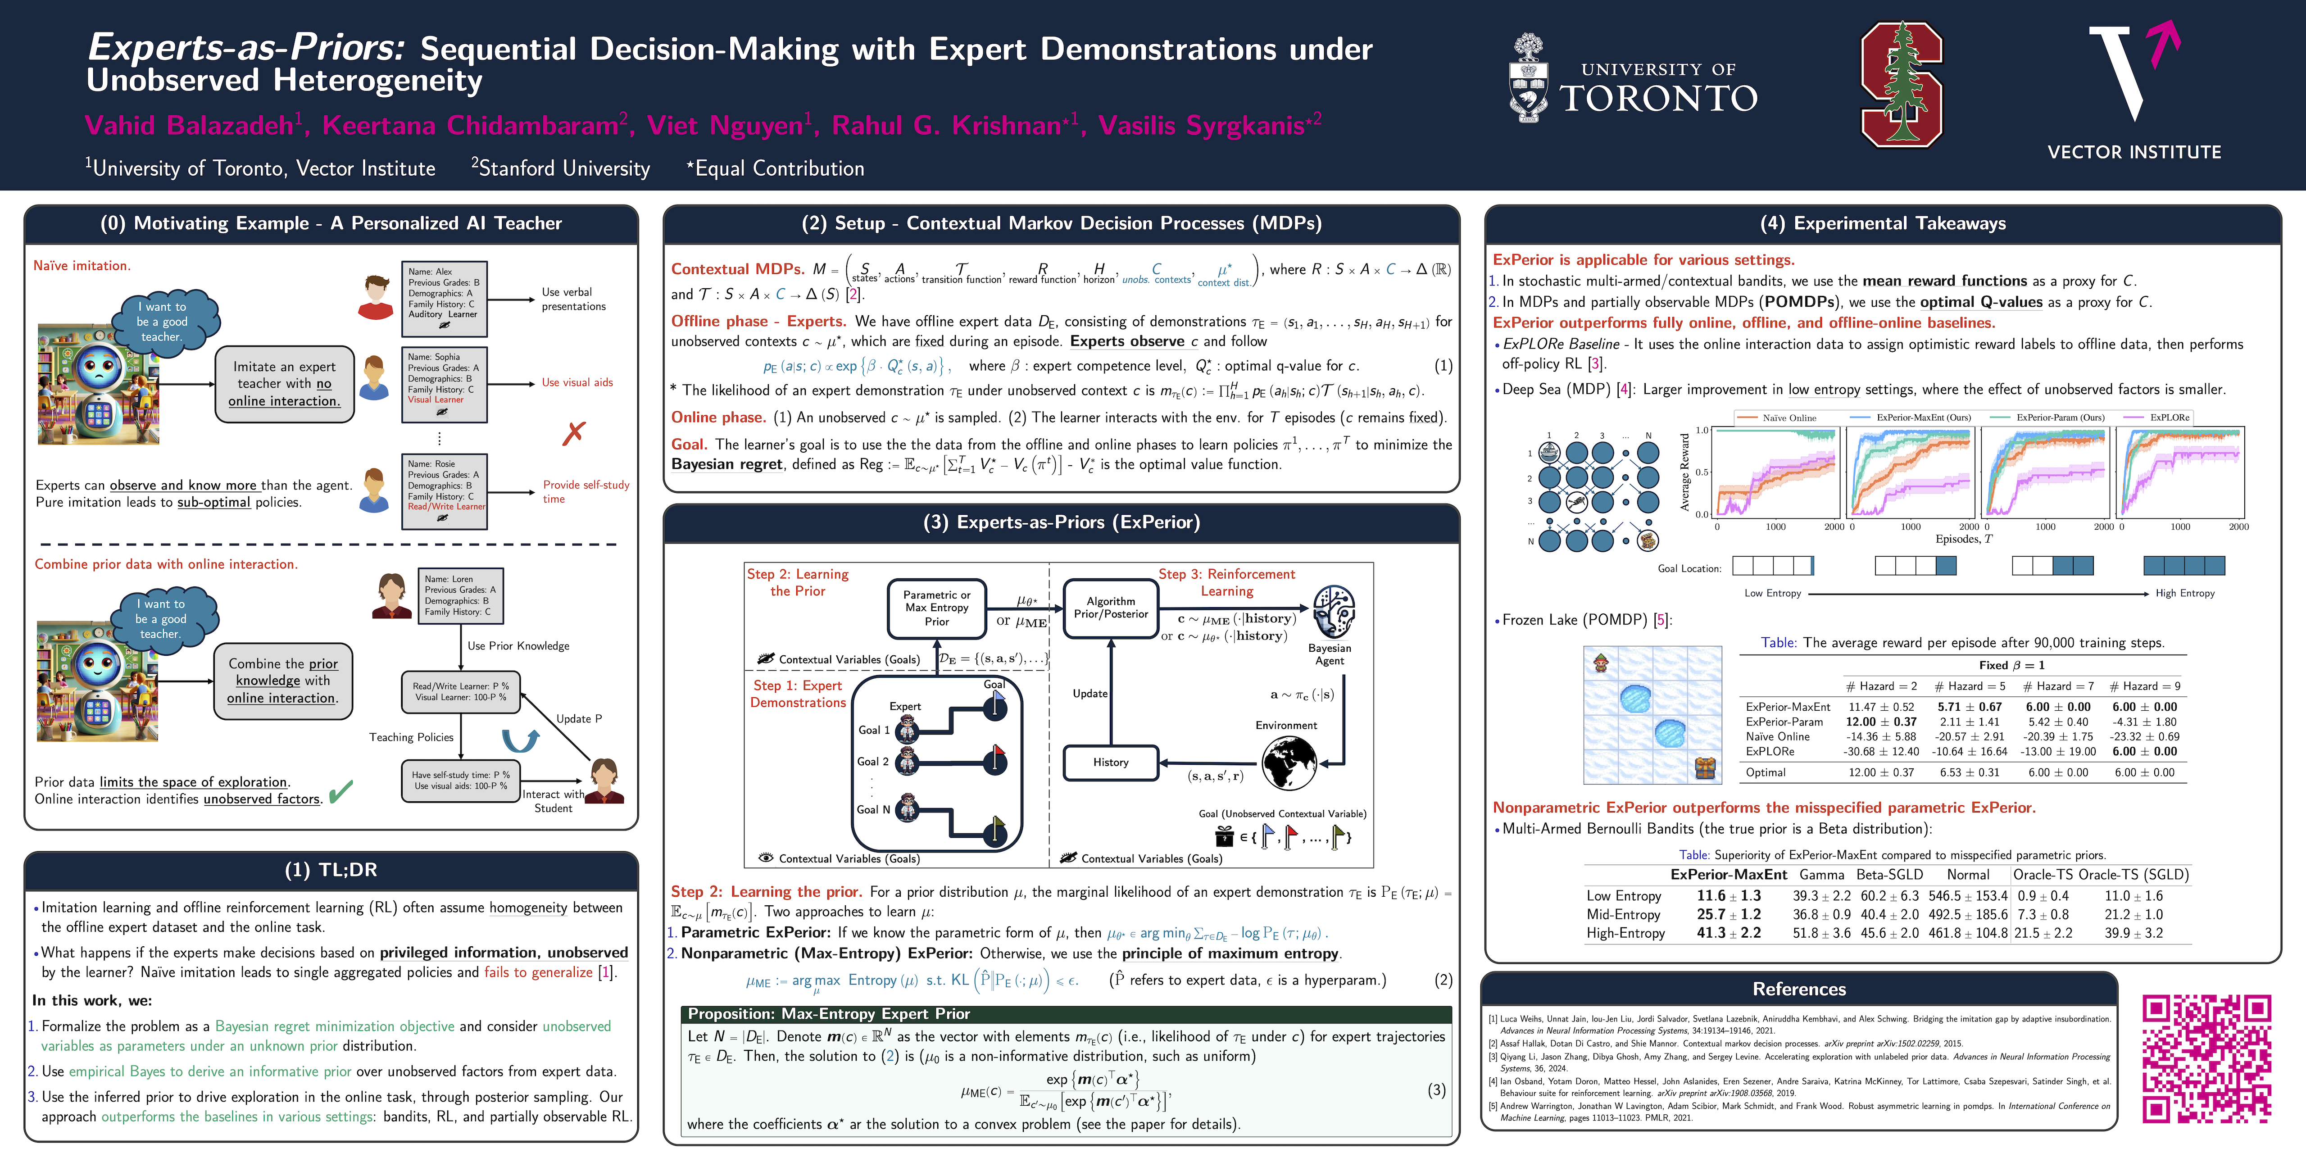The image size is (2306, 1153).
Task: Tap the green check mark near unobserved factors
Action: tap(340, 791)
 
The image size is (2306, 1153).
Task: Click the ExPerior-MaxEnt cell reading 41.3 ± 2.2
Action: tap(1728, 933)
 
